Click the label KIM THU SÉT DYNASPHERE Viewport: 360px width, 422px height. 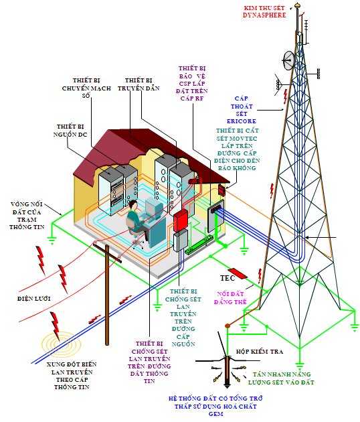point(264,11)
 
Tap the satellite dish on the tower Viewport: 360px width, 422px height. point(288,60)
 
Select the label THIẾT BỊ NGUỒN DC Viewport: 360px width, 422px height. point(70,131)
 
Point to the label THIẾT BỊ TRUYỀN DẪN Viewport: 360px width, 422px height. point(139,84)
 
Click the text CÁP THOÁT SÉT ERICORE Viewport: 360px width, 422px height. point(242,110)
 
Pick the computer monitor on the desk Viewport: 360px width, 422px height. point(153,207)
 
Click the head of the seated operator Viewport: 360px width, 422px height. point(133,205)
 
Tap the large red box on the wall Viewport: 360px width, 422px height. point(181,220)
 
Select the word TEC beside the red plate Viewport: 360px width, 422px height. point(228,278)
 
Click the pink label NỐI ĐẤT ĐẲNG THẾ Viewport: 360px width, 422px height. point(230,298)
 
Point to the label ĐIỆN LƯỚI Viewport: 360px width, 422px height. point(34,299)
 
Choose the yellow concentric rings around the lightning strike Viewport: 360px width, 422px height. point(62,344)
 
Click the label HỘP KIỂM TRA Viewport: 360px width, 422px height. point(260,352)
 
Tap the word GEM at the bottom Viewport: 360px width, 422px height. point(216,414)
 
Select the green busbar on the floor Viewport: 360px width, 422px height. point(199,244)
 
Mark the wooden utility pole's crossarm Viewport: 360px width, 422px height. point(107,253)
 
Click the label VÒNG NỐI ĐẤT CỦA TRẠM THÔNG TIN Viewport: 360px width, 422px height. point(26,216)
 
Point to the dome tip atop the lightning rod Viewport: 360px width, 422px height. point(297,5)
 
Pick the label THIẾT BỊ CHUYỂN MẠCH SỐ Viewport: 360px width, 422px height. point(86,88)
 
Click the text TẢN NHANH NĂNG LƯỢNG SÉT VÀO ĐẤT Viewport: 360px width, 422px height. point(281,378)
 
